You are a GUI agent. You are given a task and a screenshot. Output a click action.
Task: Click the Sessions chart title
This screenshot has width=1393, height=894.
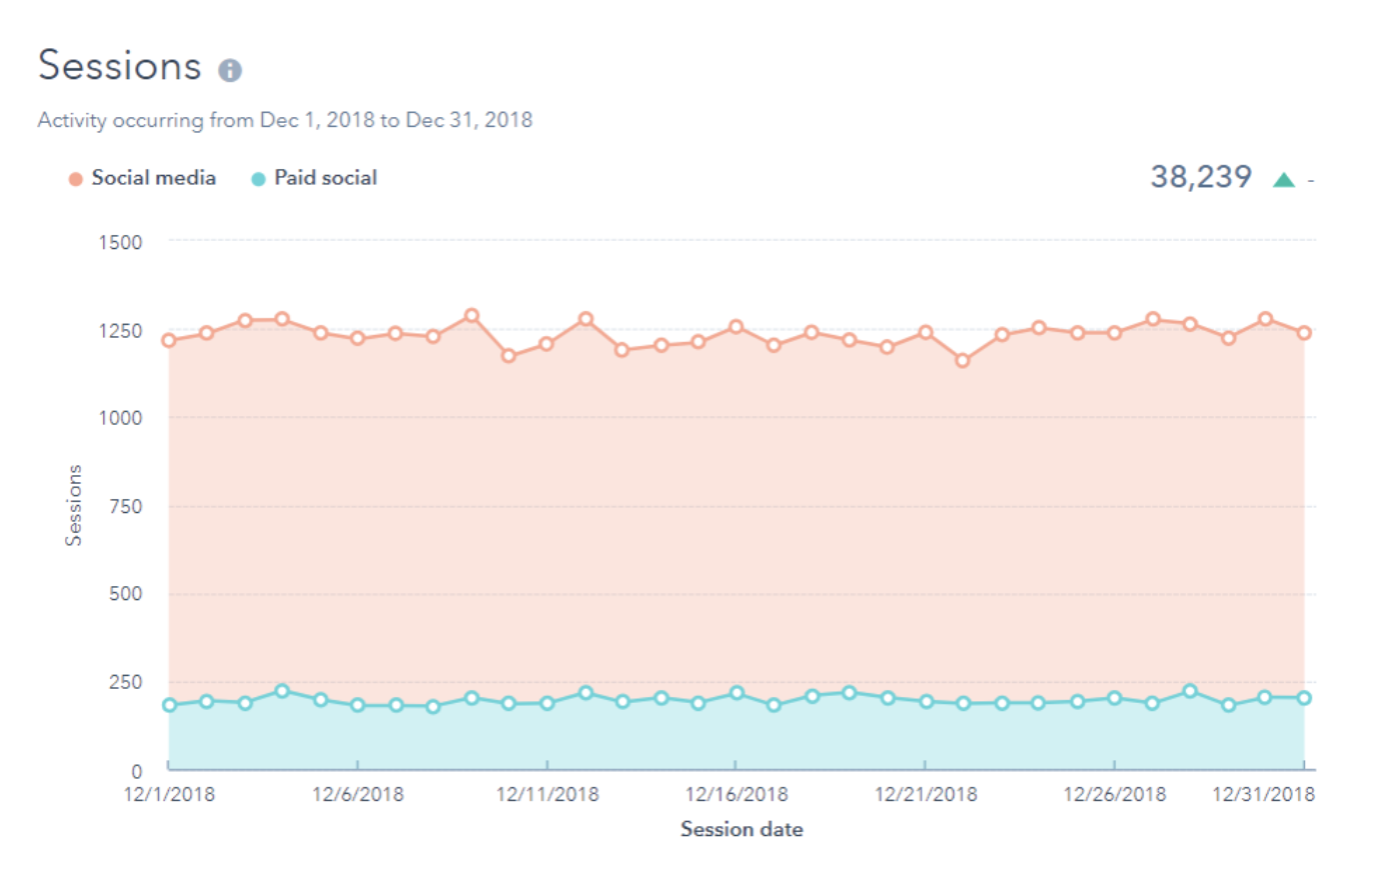120,66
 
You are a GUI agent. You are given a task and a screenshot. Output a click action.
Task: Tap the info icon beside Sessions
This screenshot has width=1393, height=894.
230,70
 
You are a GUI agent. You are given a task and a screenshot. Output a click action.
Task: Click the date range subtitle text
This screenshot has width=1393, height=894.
285,120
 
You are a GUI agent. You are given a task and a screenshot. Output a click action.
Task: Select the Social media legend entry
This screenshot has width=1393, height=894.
153,178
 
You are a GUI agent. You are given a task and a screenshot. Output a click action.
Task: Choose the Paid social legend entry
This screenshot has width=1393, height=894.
325,178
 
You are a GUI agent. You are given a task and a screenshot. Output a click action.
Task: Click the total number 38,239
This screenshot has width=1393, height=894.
1200,177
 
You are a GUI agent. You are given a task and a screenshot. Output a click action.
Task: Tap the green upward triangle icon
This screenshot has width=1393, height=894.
1284,180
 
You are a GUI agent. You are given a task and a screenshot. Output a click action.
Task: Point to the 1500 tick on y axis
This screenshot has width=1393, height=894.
120,242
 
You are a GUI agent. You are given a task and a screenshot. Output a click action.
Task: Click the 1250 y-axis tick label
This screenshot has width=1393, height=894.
120,331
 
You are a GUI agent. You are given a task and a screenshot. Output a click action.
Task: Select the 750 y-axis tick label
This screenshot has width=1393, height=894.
125,507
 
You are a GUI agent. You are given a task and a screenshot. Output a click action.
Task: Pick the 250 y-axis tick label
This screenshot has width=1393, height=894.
125,682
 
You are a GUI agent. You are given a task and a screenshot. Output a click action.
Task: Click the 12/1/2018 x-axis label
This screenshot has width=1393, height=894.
169,795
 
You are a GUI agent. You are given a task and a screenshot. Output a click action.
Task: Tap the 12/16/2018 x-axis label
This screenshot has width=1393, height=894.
736,795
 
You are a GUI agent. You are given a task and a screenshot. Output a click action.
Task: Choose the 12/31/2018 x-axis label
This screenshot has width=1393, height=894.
1263,795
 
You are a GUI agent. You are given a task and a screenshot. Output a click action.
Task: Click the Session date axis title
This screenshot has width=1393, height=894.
741,829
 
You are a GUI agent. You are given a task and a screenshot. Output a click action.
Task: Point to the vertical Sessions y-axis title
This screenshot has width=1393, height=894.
73,505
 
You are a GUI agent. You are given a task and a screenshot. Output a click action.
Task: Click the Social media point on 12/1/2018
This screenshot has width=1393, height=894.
169,340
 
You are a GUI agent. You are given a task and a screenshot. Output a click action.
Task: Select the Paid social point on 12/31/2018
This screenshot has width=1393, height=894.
1303,698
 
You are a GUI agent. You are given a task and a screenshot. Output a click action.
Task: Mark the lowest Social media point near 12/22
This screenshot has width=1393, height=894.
962,360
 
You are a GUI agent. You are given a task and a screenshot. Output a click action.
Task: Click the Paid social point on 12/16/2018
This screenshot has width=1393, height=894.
736,693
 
